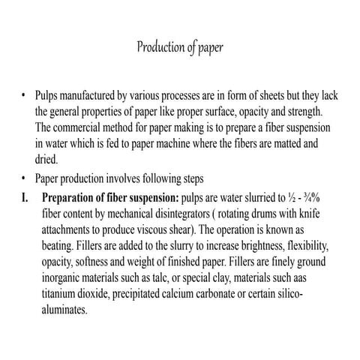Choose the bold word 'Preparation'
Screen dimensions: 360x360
pos(73,198)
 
